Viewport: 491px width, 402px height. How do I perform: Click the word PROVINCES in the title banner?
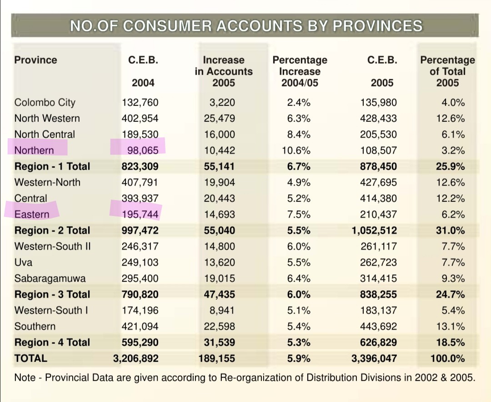pyautogui.click(x=377, y=25)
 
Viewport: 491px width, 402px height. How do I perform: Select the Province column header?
pyautogui.click(x=36, y=60)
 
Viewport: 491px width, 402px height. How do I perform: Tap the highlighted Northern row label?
pyautogui.click(x=34, y=151)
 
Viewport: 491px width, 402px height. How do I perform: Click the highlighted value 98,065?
pyautogui.click(x=143, y=151)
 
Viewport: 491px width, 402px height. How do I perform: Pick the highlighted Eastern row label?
pyautogui.click(x=32, y=214)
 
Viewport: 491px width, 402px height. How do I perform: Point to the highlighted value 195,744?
pyautogui.click(x=140, y=214)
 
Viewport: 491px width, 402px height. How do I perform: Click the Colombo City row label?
pyautogui.click(x=45, y=102)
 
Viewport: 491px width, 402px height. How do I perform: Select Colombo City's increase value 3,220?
pyautogui.click(x=222, y=102)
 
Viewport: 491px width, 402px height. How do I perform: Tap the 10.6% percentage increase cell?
pyautogui.click(x=296, y=151)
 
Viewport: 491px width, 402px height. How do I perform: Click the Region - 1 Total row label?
pyautogui.click(x=52, y=166)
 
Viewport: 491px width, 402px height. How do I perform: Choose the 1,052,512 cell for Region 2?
pyautogui.click(x=374, y=230)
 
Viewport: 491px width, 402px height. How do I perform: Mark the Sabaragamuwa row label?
pyautogui.click(x=50, y=279)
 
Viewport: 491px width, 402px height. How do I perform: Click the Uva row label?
pyautogui.click(x=24, y=262)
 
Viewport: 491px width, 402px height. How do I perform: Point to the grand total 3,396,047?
pyautogui.click(x=374, y=358)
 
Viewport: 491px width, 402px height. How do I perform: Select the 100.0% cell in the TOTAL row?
pyautogui.click(x=448, y=358)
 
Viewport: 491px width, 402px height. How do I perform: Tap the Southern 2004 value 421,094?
pyautogui.click(x=140, y=327)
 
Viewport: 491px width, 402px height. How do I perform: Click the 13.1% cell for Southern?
pyautogui.click(x=451, y=327)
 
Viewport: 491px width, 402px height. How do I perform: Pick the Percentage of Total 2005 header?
pyautogui.click(x=448, y=71)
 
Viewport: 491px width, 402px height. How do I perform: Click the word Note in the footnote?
pyautogui.click(x=25, y=377)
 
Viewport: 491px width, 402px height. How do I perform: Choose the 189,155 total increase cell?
pyautogui.click(x=217, y=358)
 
